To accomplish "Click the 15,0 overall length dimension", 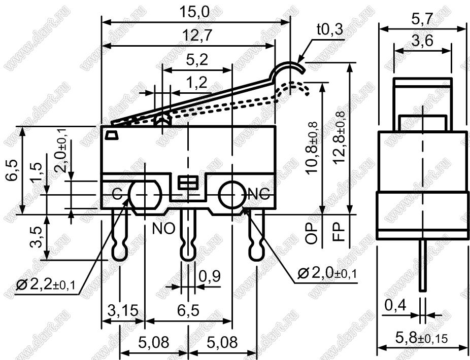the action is click(194, 13).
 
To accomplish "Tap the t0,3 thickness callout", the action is click(329, 29).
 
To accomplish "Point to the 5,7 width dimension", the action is click(422, 19).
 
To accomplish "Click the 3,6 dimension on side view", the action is click(422, 41).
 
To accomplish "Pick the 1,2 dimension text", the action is click(196, 82).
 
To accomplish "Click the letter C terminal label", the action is click(117, 195).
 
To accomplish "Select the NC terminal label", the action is click(259, 195).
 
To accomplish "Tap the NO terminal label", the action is click(163, 229).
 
